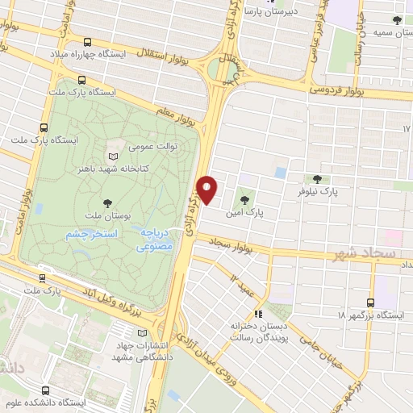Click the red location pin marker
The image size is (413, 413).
pos(208,190)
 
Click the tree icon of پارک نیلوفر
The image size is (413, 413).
pos(317,179)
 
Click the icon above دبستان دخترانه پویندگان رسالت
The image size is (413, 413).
pos(258,313)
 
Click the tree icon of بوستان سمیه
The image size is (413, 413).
pos(396,21)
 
